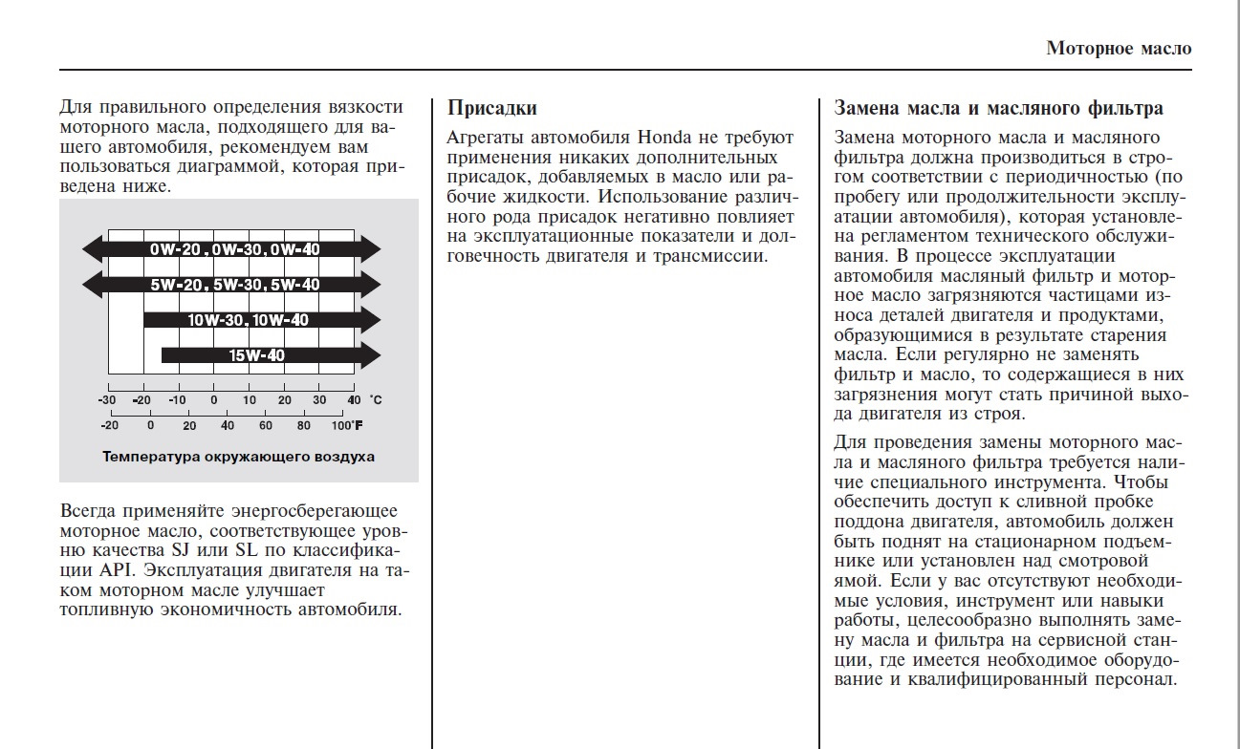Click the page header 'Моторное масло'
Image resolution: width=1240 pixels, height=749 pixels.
(x=1119, y=48)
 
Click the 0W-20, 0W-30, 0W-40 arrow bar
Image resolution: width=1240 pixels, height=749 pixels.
(x=231, y=249)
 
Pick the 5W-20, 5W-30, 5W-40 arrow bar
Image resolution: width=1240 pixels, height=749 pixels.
(x=231, y=284)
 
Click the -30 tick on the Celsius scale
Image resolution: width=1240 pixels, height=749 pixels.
(x=107, y=399)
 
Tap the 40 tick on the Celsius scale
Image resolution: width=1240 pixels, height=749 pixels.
(x=354, y=399)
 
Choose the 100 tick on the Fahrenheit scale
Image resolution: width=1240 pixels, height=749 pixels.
(x=342, y=426)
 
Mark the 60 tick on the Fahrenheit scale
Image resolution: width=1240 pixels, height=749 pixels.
(x=265, y=426)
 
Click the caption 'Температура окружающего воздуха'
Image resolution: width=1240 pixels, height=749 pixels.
(x=238, y=457)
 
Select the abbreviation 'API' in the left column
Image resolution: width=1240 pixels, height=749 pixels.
(x=119, y=570)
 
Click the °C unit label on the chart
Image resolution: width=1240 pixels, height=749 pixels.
(x=376, y=399)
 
